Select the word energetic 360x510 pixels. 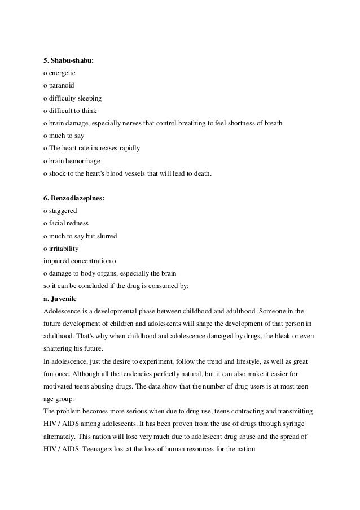click(62, 73)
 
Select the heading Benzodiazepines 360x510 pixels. click(76, 198)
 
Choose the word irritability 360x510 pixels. click(64, 247)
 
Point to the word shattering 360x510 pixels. click(60, 347)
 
